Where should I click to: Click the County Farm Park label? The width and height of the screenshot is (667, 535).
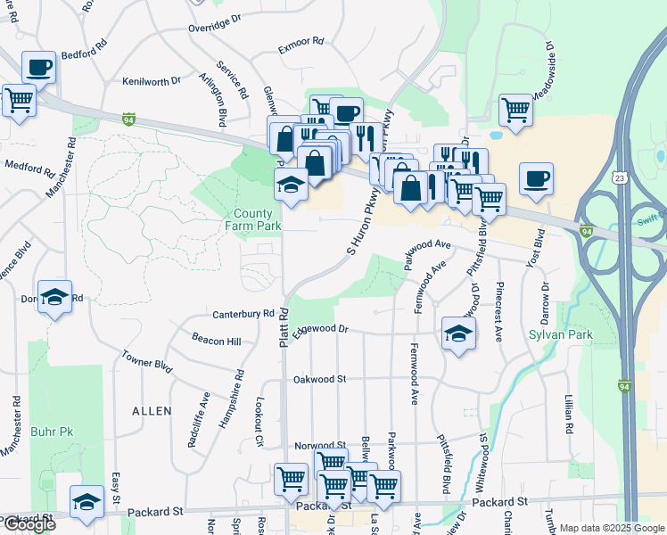coord(258,219)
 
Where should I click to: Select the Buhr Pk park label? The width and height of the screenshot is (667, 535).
coord(52,432)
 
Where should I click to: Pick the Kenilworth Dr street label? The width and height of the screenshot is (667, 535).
coord(152,81)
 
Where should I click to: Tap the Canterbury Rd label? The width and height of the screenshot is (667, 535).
coord(243,314)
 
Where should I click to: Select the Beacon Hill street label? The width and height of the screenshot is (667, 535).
coord(217,341)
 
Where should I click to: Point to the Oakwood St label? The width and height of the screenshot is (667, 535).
coord(319,379)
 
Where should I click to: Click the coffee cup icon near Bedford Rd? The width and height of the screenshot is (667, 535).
coord(39,67)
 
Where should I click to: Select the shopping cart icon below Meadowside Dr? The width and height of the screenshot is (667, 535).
coord(515,110)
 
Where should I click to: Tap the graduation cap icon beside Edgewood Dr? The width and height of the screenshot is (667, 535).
coord(458,333)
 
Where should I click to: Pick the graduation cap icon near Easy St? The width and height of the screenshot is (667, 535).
coord(86,503)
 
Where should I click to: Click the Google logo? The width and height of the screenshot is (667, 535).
coord(29,524)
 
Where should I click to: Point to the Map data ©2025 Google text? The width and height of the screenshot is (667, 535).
coord(612,528)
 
